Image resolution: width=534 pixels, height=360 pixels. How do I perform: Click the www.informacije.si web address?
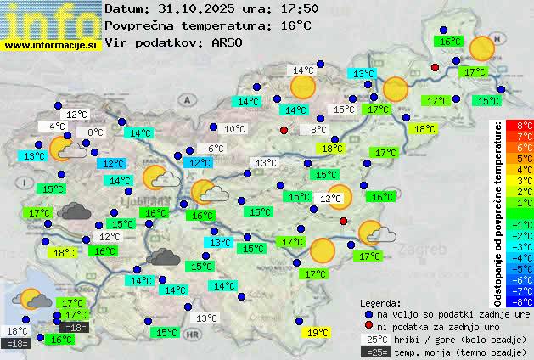(x=51, y=44)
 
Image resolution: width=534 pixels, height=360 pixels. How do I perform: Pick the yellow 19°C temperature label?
(x=318, y=333)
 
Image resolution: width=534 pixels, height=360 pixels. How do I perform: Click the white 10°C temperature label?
(x=234, y=129)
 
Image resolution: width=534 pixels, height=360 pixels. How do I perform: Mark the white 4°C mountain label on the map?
(x=57, y=127)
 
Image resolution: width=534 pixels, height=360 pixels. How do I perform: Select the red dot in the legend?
(x=368, y=325)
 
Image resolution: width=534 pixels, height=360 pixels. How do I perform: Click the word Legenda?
(x=381, y=302)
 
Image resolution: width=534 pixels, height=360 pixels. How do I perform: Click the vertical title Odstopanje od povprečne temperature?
(x=497, y=212)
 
